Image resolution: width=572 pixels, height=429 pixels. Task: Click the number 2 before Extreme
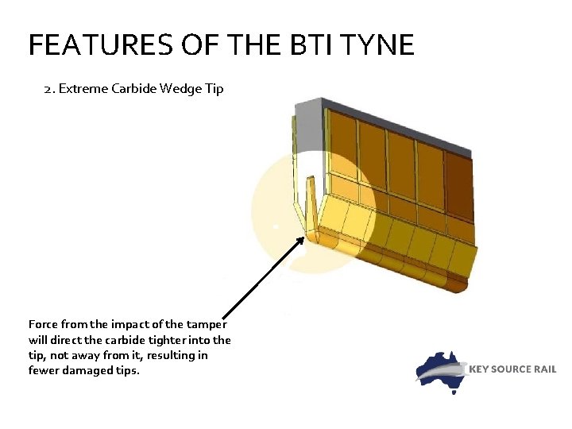coord(48,88)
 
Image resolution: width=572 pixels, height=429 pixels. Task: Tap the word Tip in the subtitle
coord(214,88)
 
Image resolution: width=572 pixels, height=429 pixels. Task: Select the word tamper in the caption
coord(207,324)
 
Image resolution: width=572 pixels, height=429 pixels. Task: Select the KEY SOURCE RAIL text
coord(512,369)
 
